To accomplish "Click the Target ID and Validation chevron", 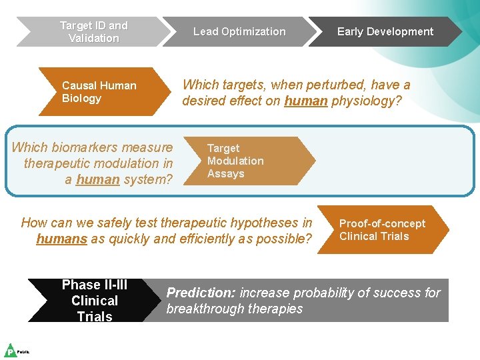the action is coord(93,31).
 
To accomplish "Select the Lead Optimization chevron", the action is coord(239,31).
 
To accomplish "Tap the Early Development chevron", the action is coord(385,31).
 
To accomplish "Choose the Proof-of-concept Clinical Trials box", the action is coord(381,229).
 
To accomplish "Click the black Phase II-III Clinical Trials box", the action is coord(95,300).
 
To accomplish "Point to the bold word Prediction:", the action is coord(201,293).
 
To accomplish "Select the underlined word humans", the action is coord(62,239).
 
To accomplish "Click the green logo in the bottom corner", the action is coord(11,350).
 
